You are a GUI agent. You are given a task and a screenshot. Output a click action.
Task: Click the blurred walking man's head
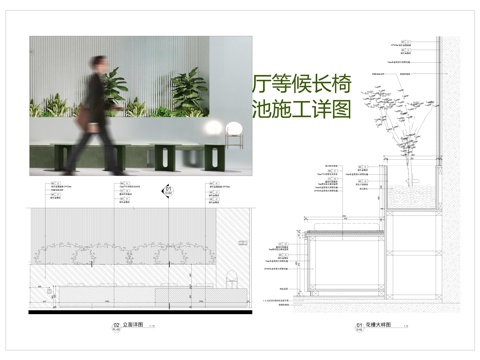pos(96,61)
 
